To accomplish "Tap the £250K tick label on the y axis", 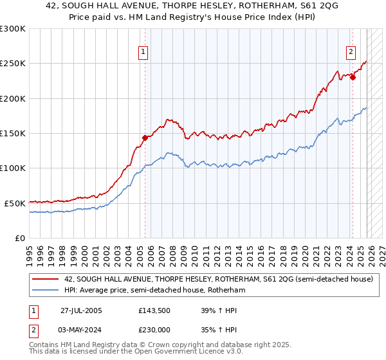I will (x=13, y=64).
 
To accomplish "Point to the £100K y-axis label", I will (x=13, y=168).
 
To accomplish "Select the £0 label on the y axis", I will (x=20, y=238).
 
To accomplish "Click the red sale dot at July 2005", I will (x=145, y=137).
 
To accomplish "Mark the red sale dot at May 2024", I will (x=353, y=77).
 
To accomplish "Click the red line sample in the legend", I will (x=46, y=280).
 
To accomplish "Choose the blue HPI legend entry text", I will (x=155, y=291).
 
